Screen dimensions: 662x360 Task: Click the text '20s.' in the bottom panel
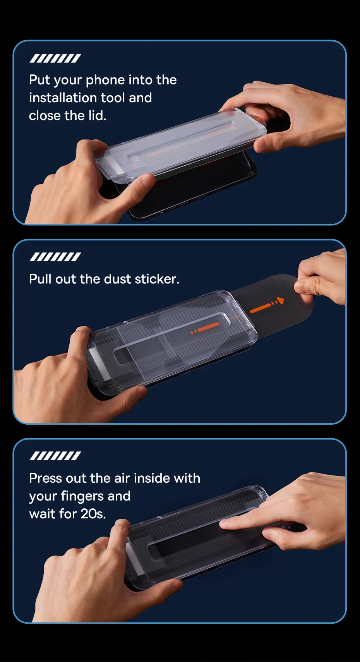point(93,514)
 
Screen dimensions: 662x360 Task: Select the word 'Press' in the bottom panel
point(45,478)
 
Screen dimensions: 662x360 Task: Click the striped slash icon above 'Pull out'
point(55,257)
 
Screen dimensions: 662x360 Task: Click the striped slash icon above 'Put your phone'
point(55,58)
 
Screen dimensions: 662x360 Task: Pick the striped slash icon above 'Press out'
point(55,456)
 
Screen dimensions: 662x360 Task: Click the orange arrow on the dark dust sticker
point(267,305)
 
